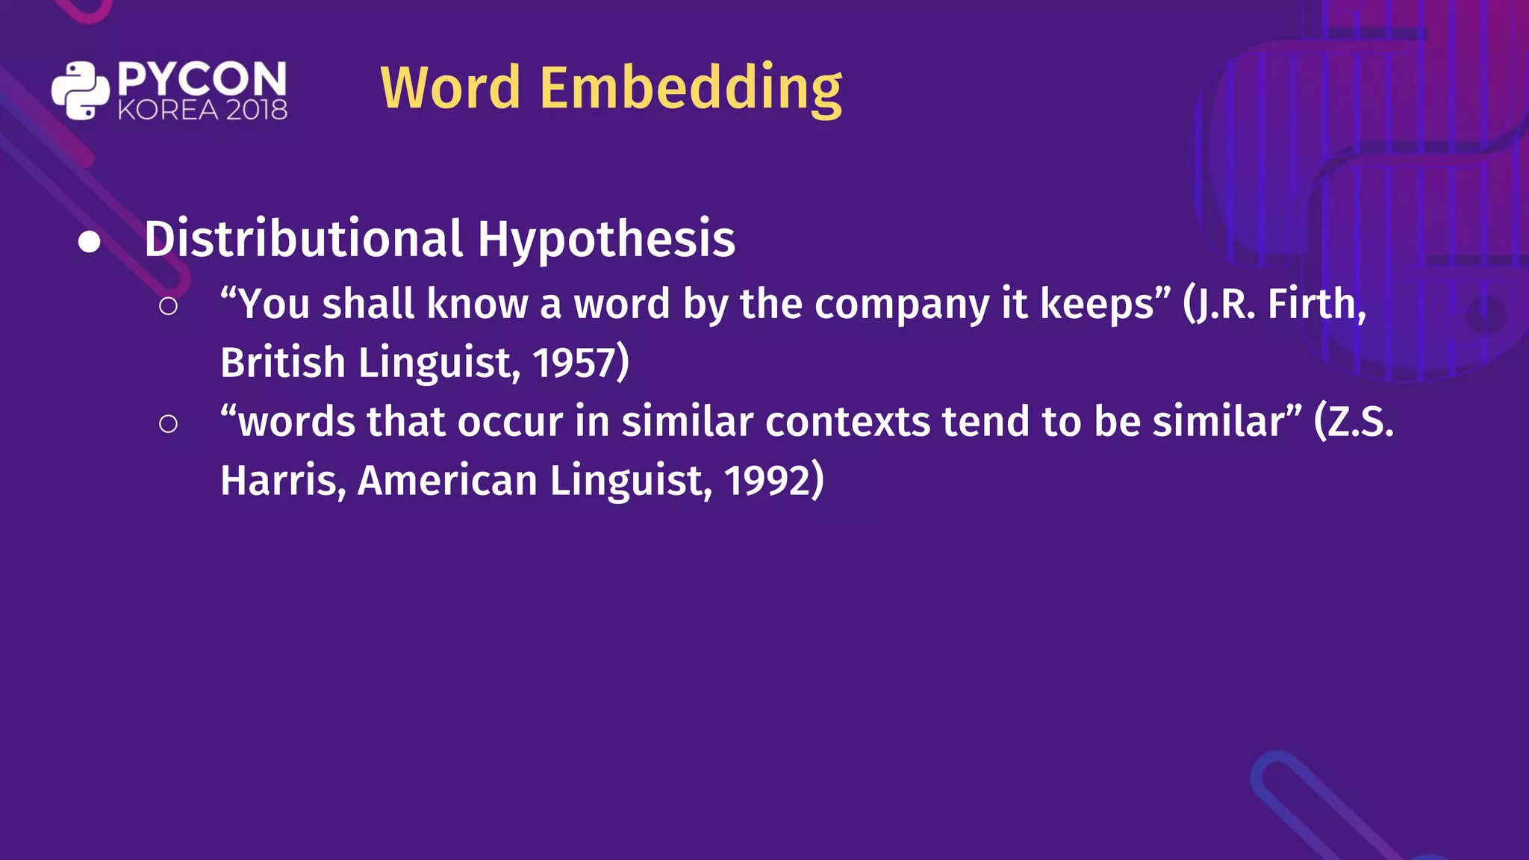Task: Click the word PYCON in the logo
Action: (202, 78)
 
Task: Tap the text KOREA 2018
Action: (202, 110)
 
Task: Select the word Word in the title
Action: (450, 88)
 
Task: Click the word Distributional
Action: (303, 239)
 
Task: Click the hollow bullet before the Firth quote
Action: (169, 306)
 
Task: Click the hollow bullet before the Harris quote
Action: (169, 424)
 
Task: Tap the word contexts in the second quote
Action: (847, 422)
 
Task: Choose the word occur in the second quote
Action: (510, 423)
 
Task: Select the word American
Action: (447, 481)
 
